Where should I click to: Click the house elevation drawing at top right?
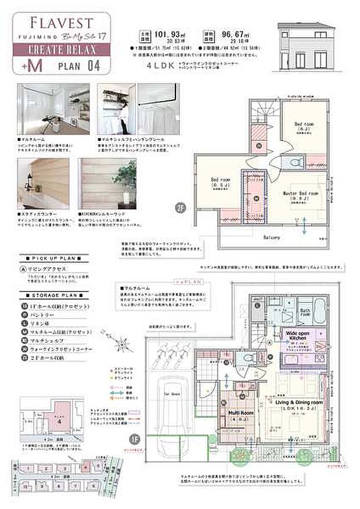[305, 41]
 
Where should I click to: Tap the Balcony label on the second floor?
[272, 237]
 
